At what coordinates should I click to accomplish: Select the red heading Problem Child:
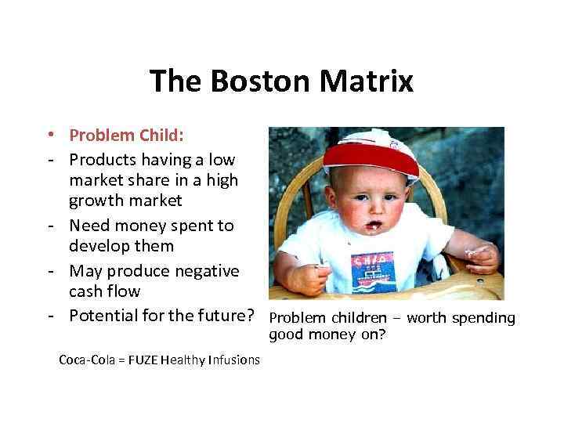point(126,136)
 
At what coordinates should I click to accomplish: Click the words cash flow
point(104,291)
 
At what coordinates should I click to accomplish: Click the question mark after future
point(251,316)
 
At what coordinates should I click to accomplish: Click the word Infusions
point(233,360)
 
